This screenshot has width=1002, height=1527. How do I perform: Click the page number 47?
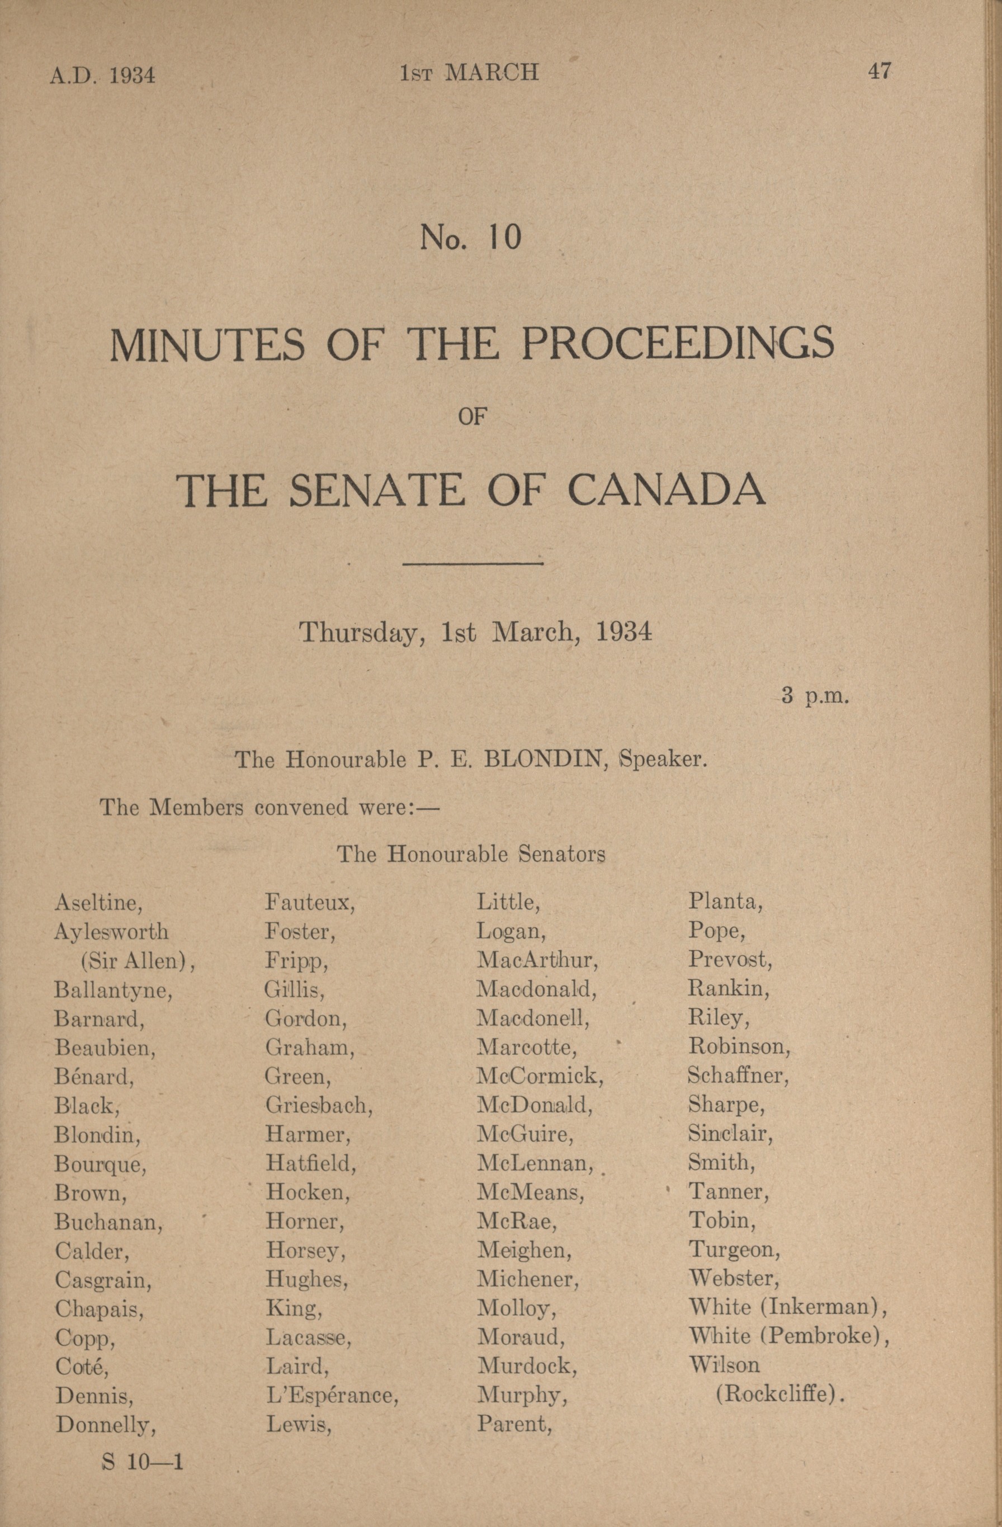tap(879, 70)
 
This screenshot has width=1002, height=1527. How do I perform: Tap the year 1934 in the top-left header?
tap(131, 75)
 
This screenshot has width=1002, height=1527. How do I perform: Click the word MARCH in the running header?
tap(491, 73)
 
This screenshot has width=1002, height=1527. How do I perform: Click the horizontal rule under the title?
tap(472, 564)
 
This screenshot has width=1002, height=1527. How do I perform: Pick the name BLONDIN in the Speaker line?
tap(545, 760)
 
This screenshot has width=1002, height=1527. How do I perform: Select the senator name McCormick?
tap(539, 1075)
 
